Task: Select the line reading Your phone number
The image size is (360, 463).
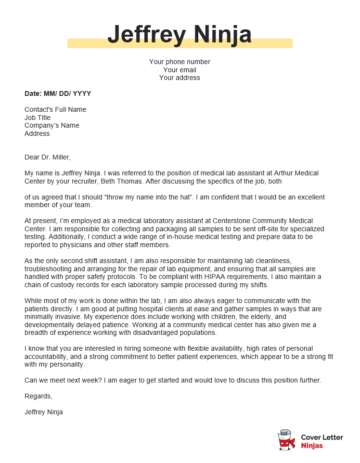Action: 180,62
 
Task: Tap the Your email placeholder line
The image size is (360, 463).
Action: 180,70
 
